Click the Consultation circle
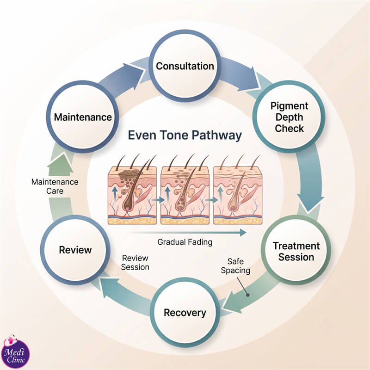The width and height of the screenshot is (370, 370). tap(185, 66)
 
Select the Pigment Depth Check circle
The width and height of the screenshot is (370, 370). tap(289, 117)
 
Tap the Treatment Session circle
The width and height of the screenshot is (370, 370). tap(296, 251)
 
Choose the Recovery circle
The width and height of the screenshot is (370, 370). tap(185, 313)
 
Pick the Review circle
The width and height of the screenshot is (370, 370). tap(75, 250)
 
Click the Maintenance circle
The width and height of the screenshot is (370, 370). tap(83, 117)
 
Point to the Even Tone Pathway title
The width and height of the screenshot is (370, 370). tap(185, 136)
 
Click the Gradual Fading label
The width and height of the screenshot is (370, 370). tap(185, 242)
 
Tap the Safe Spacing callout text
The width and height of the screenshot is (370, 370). tap(235, 266)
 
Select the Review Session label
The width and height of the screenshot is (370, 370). tap(135, 263)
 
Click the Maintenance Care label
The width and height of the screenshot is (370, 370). tap(55, 186)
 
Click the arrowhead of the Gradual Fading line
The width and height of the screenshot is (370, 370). tap(243, 233)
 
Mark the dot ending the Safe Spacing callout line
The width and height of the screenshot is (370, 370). tap(247, 295)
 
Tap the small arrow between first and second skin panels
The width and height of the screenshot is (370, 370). tap(158, 200)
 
